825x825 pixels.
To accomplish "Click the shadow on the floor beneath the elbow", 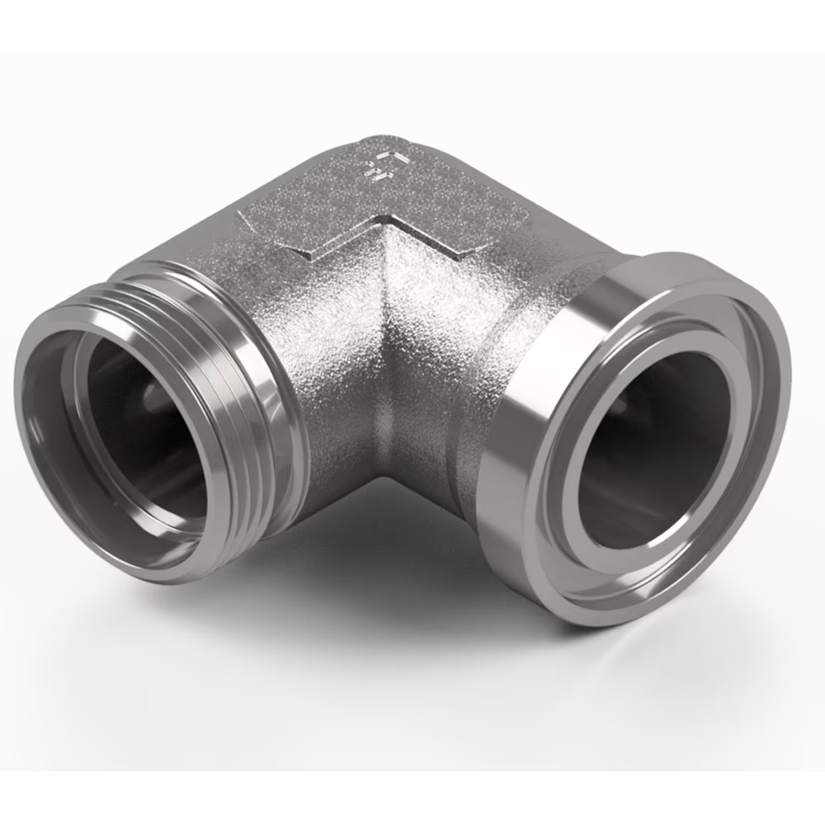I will pos(371,561).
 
